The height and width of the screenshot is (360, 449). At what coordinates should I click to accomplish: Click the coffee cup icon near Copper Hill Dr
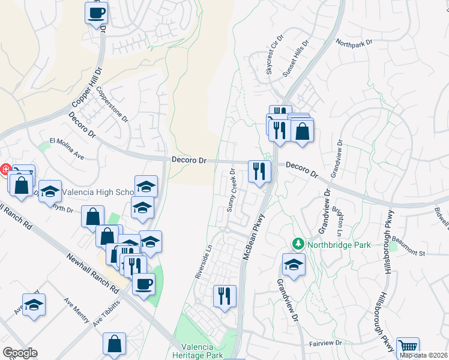coord(96,13)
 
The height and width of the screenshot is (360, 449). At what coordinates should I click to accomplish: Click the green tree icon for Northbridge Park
coord(297,244)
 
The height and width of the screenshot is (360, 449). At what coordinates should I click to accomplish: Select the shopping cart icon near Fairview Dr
coord(408,347)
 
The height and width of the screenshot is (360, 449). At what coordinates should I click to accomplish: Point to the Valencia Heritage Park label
coord(206,352)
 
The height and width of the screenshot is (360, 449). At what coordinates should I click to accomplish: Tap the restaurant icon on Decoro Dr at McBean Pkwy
coord(259,172)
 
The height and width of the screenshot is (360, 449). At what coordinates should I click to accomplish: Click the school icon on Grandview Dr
coord(294,264)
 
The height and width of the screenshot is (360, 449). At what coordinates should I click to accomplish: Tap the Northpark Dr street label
coord(354,43)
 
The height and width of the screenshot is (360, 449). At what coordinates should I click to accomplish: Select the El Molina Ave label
coord(67,148)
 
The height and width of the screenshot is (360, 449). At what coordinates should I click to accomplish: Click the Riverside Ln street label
coord(203,260)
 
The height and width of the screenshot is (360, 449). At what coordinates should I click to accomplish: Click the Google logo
coord(20,352)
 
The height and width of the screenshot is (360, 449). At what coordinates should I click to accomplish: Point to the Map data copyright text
coord(424,355)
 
